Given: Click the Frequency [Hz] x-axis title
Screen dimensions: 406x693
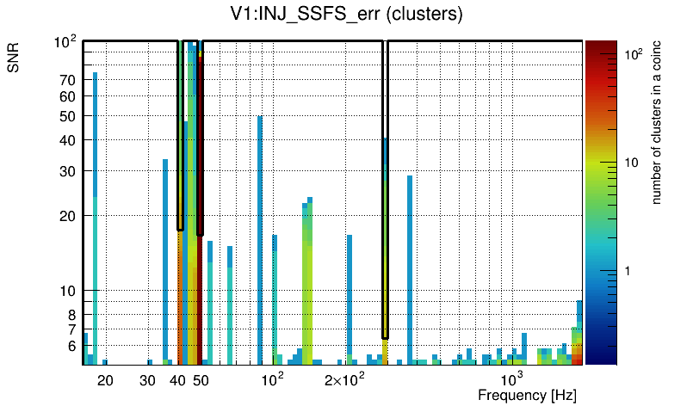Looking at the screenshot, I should tap(527, 395).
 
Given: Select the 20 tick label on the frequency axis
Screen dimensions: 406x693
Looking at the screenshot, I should tap(105, 380).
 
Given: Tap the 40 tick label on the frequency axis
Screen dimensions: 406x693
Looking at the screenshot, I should tap(178, 380).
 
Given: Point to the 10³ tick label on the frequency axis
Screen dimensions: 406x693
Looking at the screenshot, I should tap(512, 379).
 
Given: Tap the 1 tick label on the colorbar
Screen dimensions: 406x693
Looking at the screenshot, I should tap(628, 271).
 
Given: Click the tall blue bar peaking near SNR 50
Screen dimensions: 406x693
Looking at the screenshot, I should tap(260, 241).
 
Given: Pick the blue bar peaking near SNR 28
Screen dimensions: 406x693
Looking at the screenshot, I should tap(410, 267).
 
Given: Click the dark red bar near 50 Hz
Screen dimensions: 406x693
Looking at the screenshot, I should tap(200, 215).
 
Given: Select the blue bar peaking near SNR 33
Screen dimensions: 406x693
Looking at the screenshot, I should tap(165, 258).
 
